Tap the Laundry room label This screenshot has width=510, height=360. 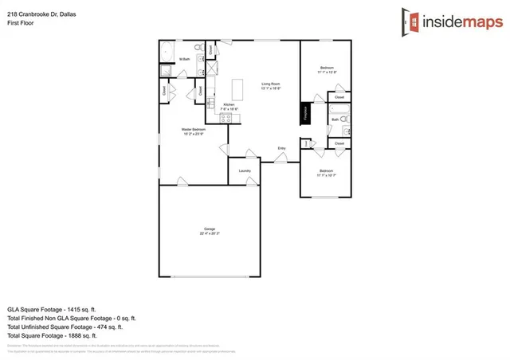point(245,170)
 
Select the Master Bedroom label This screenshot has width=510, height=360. point(193,130)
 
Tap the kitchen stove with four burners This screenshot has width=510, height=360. point(226,119)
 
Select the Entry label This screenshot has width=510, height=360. point(281,148)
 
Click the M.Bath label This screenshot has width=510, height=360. point(184,59)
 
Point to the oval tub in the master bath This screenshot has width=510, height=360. point(166,54)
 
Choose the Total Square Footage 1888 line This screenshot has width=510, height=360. point(52,335)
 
